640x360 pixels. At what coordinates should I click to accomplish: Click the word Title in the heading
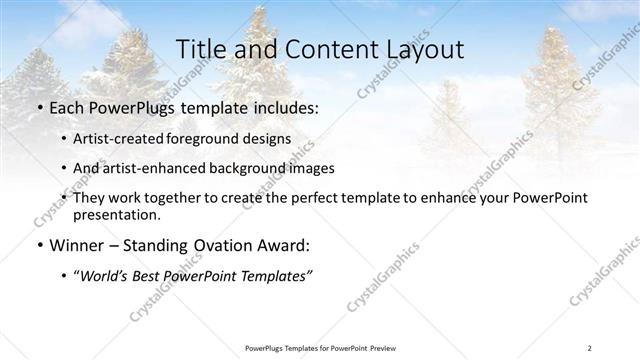(201, 49)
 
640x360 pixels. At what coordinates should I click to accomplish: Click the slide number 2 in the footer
(590, 347)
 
